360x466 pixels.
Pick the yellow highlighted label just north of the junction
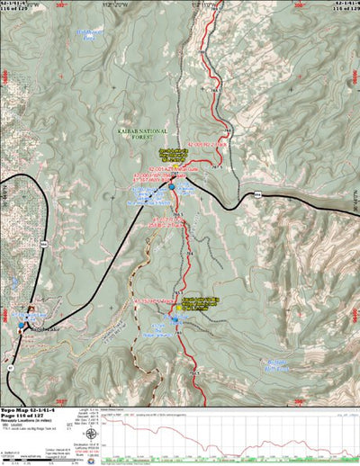pos(175,153)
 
